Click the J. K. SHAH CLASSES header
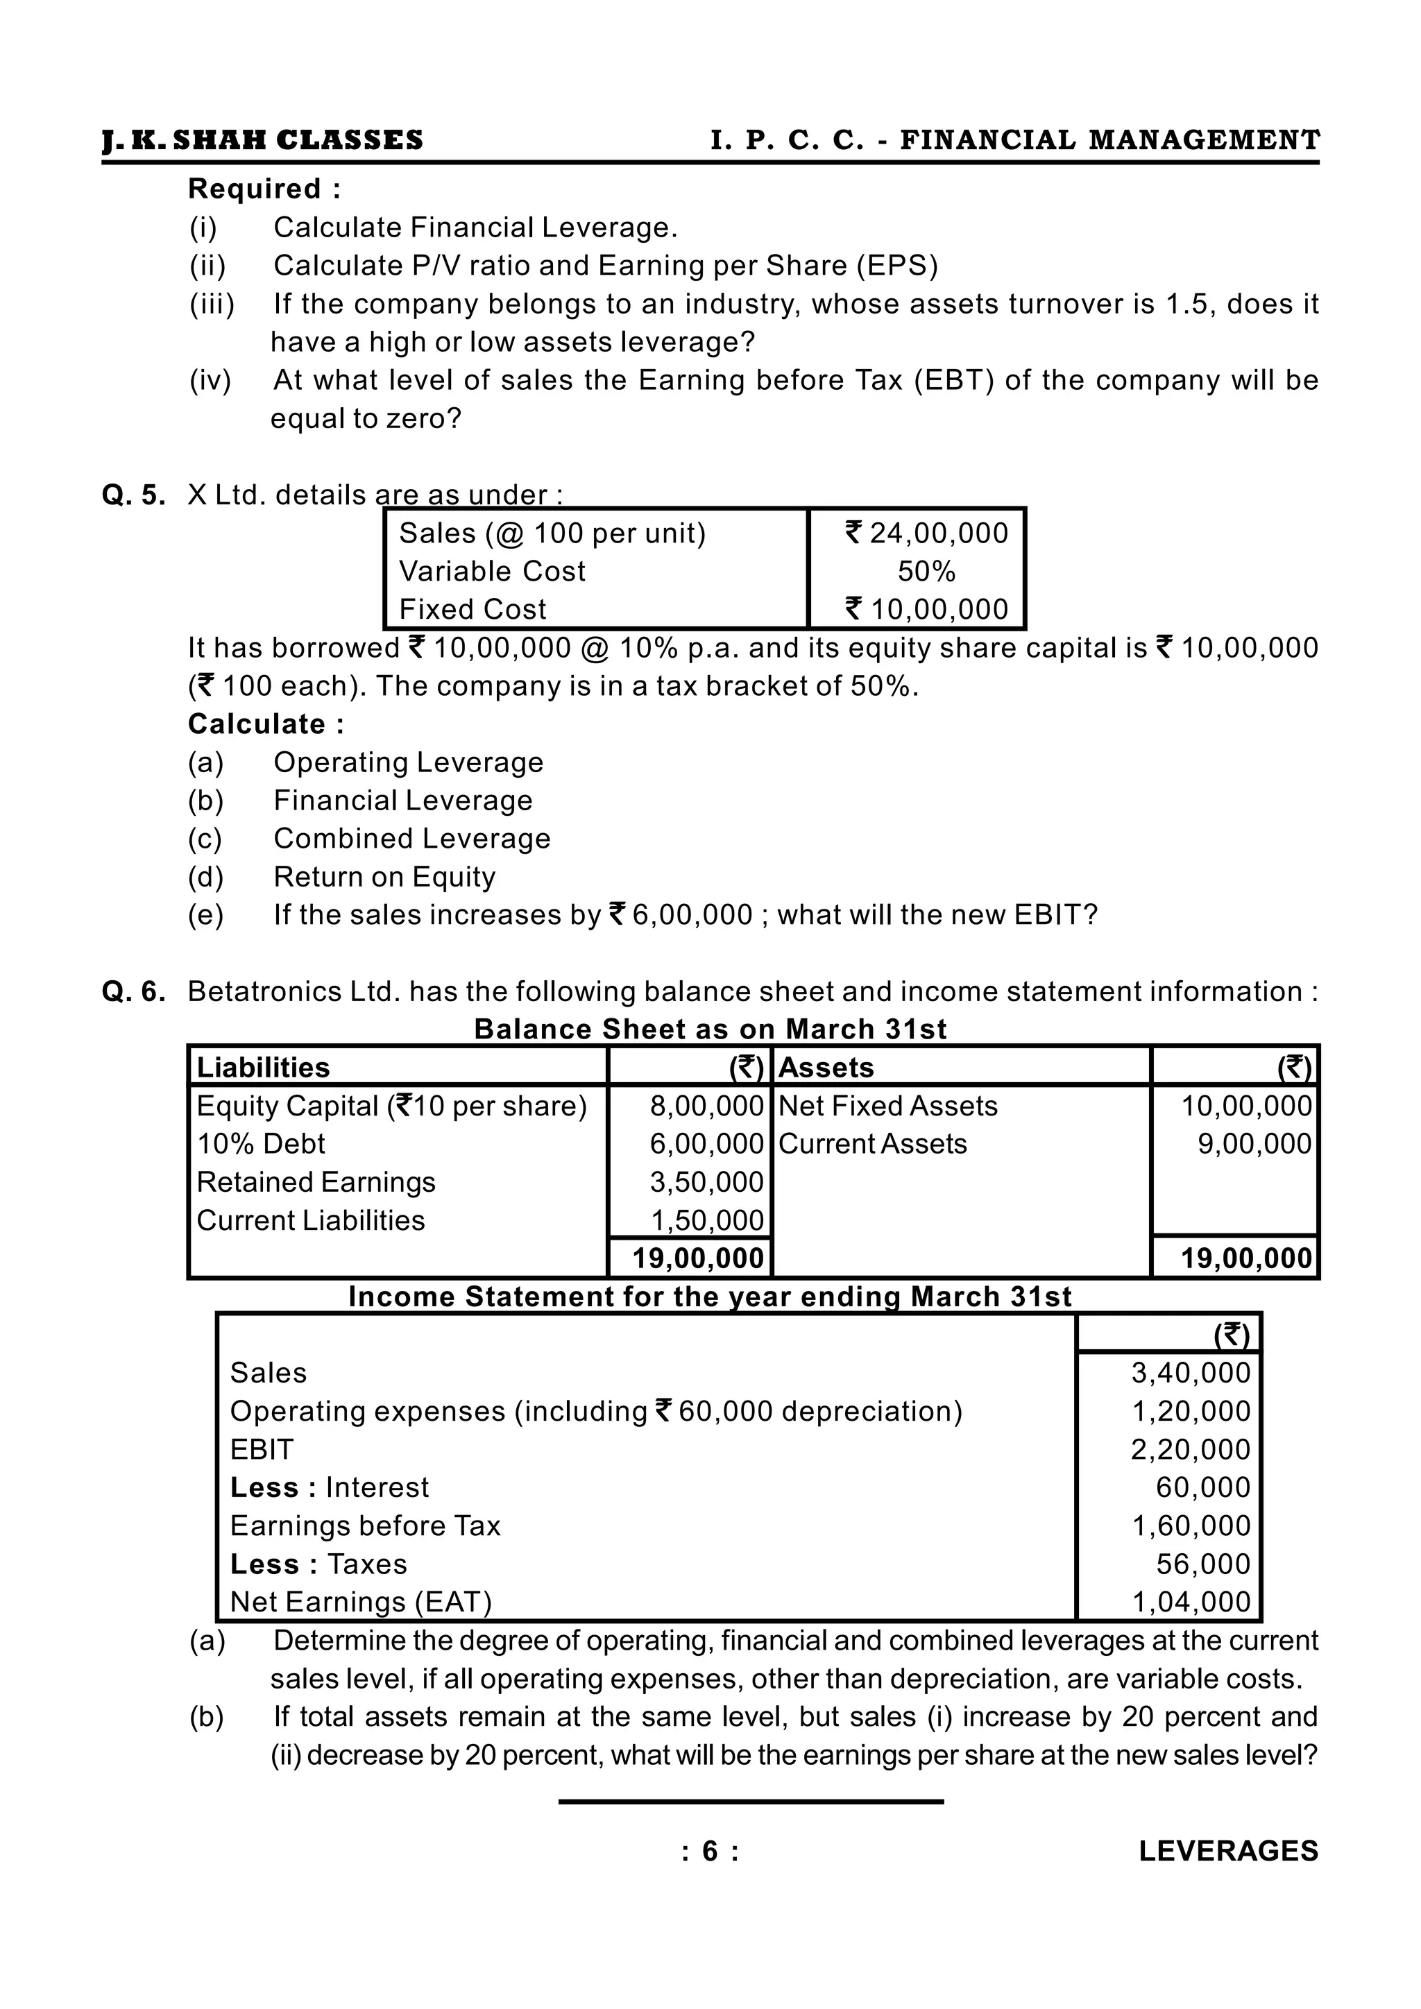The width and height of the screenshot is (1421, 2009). coord(262,140)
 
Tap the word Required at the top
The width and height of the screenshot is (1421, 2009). coord(255,189)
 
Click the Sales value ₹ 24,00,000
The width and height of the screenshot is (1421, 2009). coord(926,533)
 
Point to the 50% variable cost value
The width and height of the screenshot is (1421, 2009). coord(926,572)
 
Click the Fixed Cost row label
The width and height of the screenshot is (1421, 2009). coord(473,609)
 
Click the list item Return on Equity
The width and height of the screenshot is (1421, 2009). coord(384,877)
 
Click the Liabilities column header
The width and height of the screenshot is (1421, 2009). coord(264,1068)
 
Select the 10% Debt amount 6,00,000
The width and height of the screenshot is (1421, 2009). coord(706,1144)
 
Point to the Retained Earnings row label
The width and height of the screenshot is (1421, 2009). coord(316,1182)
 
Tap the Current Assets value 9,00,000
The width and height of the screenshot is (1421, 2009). coord(1254,1144)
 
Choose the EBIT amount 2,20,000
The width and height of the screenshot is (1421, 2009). coord(1190,1450)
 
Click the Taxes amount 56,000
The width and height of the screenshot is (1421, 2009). coord(1203,1564)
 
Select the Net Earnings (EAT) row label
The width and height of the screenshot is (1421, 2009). coord(361,1602)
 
